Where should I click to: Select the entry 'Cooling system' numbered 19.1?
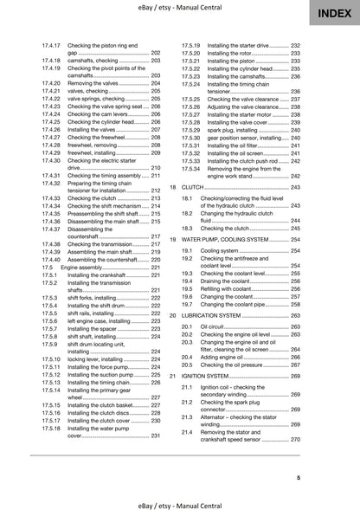click(222, 249)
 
